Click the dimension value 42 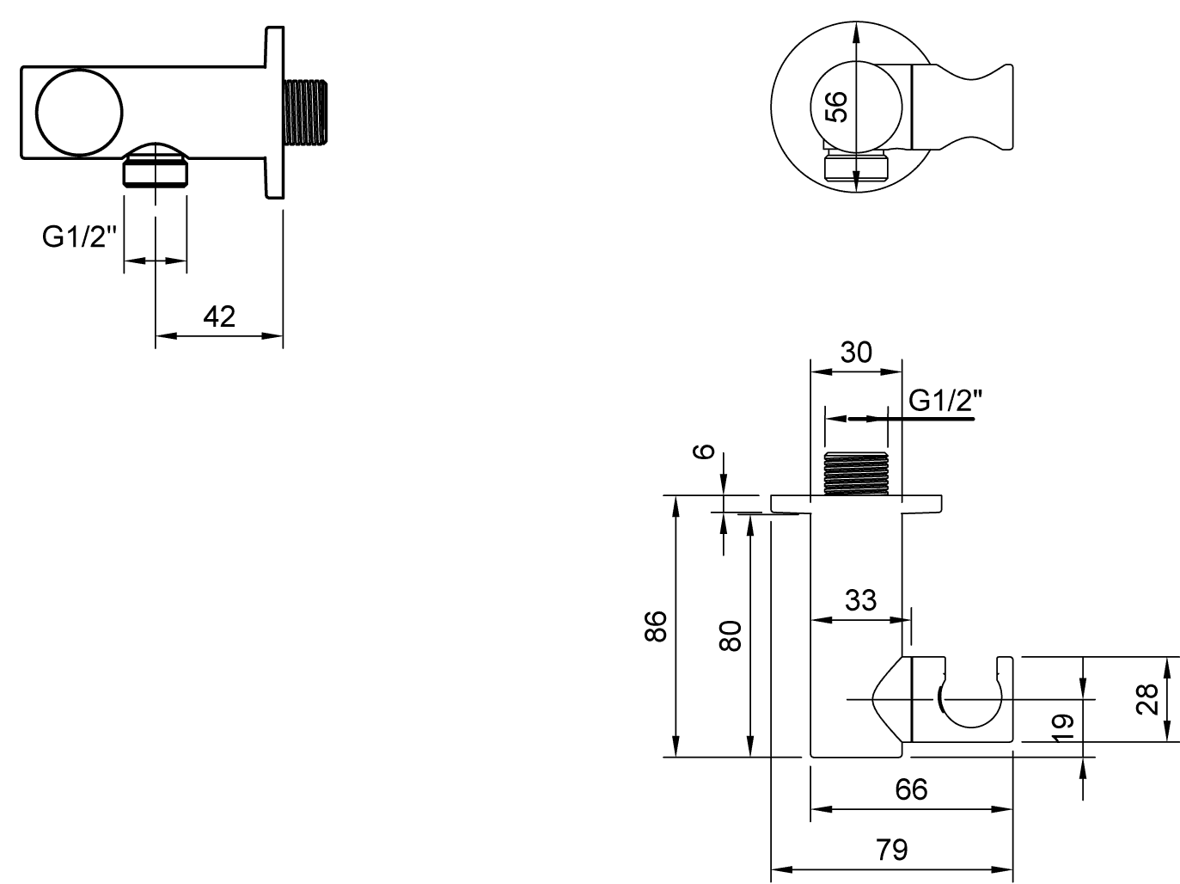point(219,316)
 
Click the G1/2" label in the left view point(79,237)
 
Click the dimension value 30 point(856,352)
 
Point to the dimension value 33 point(860,599)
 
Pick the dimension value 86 point(655,626)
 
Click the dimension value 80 point(730,635)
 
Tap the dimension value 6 point(703,451)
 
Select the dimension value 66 point(911,789)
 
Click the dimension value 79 point(892,850)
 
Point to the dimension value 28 point(1148,698)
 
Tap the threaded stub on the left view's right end point(308,112)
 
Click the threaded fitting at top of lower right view point(855,474)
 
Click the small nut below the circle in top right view point(856,165)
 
